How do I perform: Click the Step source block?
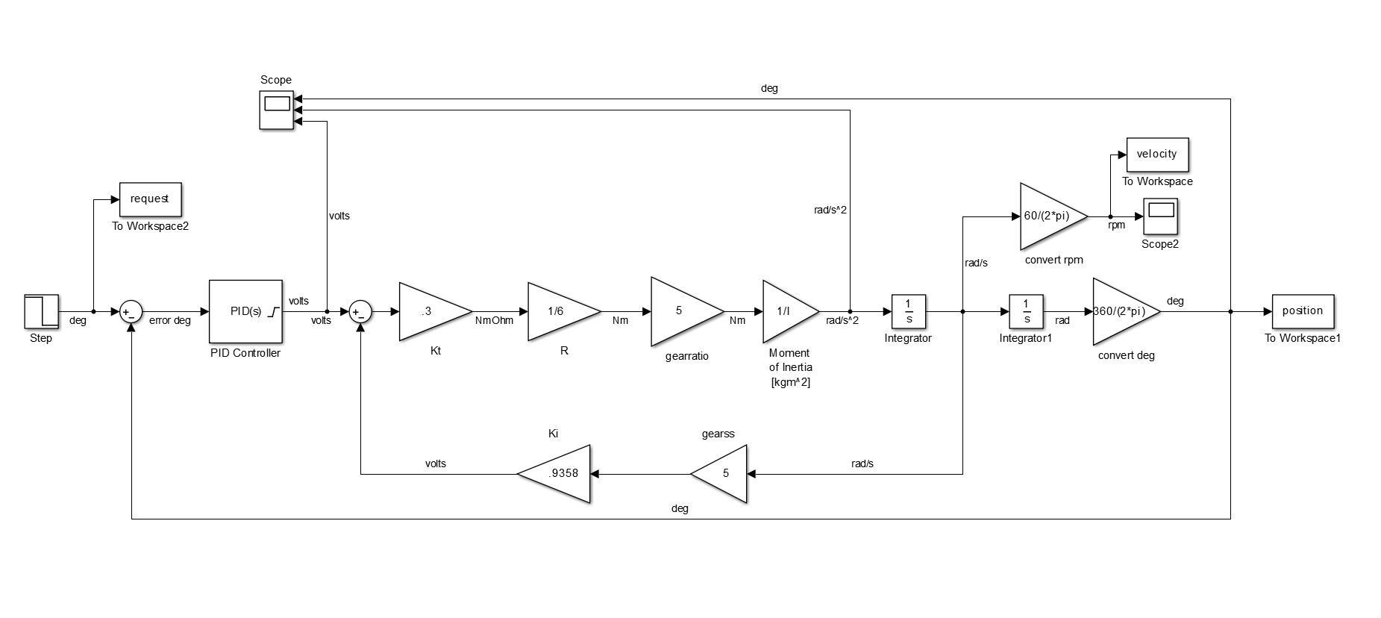pos(41,311)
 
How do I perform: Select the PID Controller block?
pos(245,311)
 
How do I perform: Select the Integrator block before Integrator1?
pos(908,311)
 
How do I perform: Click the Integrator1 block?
pos(1027,311)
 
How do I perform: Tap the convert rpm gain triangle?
pos(1048,216)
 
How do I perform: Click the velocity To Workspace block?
pos(1156,154)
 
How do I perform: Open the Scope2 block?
pos(1160,216)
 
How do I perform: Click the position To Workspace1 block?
pos(1302,311)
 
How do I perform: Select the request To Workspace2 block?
pos(150,199)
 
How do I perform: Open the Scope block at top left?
pos(276,110)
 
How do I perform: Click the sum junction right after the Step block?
pos(131,312)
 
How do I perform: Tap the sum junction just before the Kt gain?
pos(360,312)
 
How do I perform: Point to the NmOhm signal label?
pos(494,321)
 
